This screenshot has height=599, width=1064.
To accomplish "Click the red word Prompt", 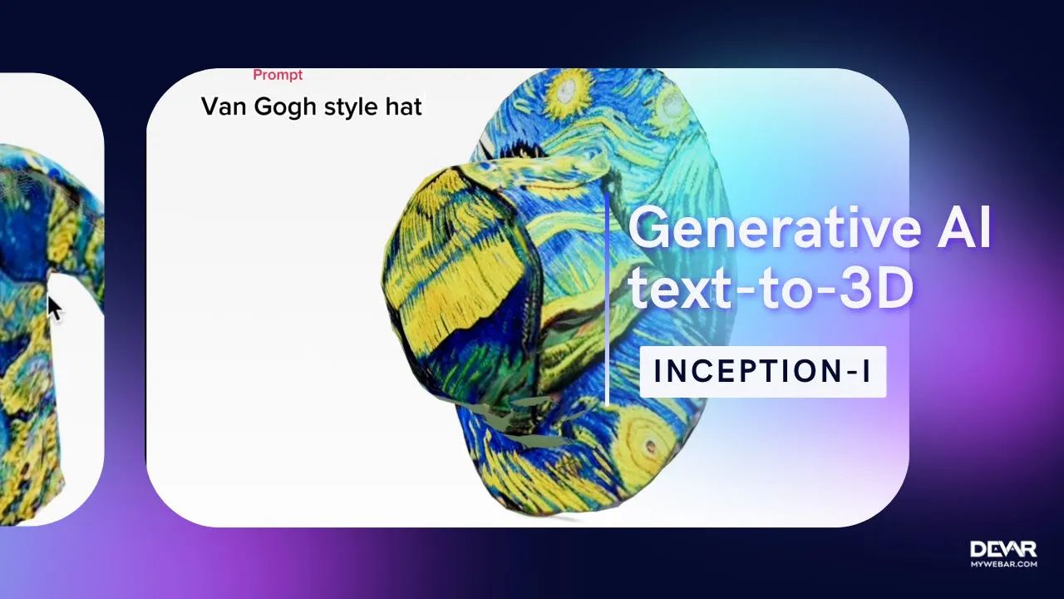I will pos(278,75).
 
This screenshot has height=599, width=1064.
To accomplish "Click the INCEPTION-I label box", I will pos(762,372).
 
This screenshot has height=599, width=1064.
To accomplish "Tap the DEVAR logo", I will pos(1003,549).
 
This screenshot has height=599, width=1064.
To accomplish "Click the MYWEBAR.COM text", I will pos(1003,564).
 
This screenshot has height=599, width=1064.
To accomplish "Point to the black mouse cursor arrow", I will pos(54,309).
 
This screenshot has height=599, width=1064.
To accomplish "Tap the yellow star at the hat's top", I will pos(570,87).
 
